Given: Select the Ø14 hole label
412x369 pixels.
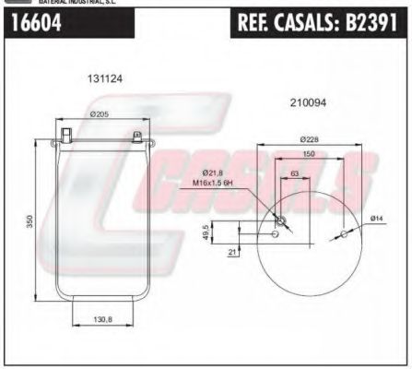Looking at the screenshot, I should [376, 218].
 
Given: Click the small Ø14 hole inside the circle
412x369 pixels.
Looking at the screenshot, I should [343, 234].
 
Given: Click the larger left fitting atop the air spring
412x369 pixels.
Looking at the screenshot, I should [66, 136].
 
